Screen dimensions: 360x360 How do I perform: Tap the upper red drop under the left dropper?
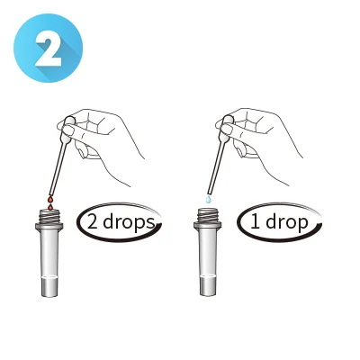click(x=50, y=200)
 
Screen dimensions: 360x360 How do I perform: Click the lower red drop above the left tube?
click(x=50, y=206)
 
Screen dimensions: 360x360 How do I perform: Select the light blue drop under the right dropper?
click(x=208, y=198)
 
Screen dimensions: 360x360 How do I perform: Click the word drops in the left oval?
click(x=130, y=223)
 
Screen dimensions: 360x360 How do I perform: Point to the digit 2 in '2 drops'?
click(x=93, y=223)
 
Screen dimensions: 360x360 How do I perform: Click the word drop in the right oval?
click(x=286, y=223)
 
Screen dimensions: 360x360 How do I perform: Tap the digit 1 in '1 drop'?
click(x=255, y=222)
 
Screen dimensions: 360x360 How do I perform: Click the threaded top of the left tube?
click(x=49, y=216)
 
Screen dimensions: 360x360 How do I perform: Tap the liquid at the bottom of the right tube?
click(x=207, y=285)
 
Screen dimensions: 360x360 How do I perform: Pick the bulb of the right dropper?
click(x=226, y=130)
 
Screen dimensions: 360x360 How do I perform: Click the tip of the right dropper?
click(x=209, y=193)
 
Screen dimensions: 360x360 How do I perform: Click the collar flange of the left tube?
click(x=49, y=227)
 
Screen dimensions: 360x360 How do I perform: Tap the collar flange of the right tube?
click(x=208, y=226)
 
